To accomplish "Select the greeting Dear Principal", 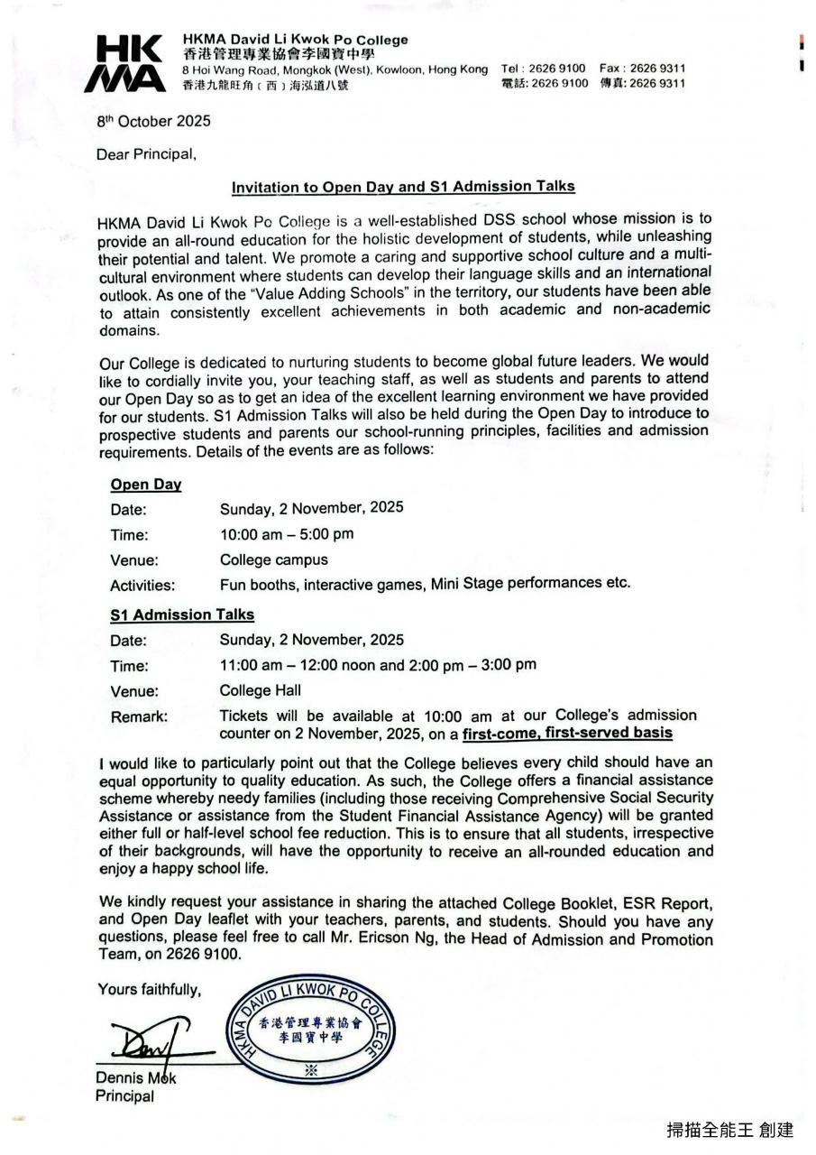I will [x=146, y=154].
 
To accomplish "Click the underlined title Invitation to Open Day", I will [x=403, y=187].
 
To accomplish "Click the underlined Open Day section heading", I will [x=146, y=485].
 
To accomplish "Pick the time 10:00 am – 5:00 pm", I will [x=287, y=533].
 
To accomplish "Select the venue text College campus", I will [x=274, y=559].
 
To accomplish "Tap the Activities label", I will [x=142, y=586].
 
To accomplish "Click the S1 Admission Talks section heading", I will [x=182, y=614].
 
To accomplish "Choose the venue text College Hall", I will [x=260, y=690].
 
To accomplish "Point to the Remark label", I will [x=139, y=717].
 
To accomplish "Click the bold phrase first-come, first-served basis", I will [x=567, y=733].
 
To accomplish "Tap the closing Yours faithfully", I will [x=150, y=990].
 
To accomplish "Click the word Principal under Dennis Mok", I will [x=124, y=1096].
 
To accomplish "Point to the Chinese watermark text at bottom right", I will [x=729, y=1129].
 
